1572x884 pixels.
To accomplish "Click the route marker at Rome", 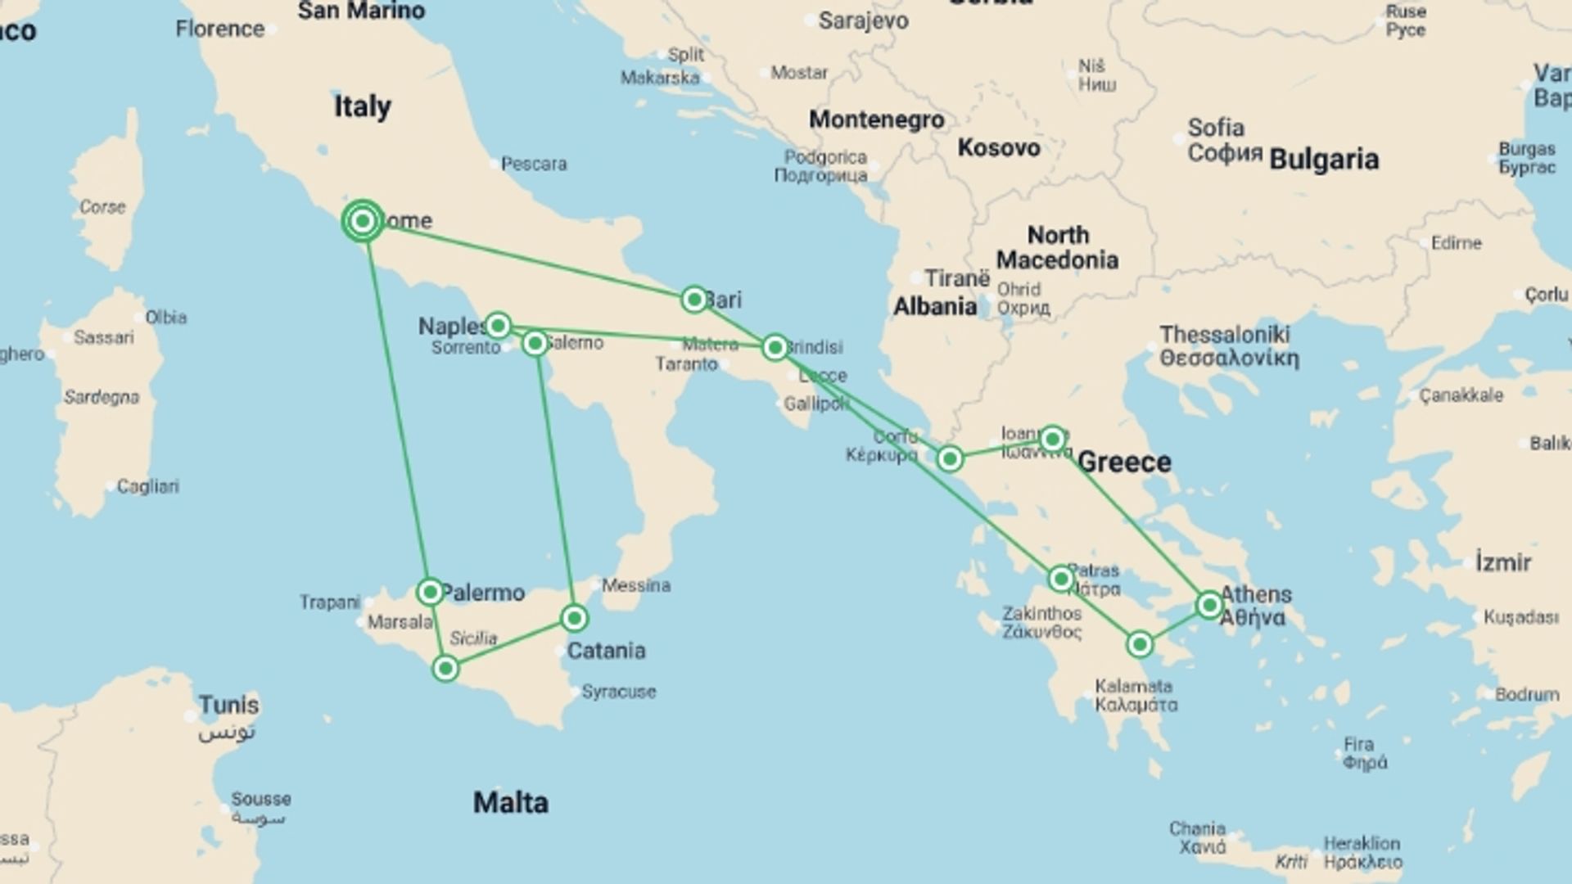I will tap(363, 221).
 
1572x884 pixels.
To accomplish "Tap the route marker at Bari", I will tap(694, 300).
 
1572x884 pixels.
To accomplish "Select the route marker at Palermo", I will tap(430, 591).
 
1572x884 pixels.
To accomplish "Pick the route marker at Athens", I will tap(1209, 605).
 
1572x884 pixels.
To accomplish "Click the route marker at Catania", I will tap(575, 618).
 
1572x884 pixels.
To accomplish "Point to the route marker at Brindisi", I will tap(775, 348).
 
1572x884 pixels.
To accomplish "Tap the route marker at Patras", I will tap(1061, 580).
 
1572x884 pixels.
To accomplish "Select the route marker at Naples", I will tap(498, 326).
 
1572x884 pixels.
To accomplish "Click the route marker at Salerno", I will tap(535, 343).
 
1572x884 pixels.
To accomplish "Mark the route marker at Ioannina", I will tap(1053, 440).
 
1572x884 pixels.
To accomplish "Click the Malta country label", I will tap(511, 802).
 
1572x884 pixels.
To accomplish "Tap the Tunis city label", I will tap(228, 706).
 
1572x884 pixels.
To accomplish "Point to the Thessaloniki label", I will tap(1225, 335).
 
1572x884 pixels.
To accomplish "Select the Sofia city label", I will tap(1216, 129).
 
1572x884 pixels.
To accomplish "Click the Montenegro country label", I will tap(876, 120).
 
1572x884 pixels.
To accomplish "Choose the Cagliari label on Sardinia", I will tap(147, 486).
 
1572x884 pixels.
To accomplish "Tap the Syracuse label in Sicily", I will tap(618, 692).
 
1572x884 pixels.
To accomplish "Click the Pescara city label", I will tap(534, 164).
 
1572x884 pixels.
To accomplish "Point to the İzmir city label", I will tap(1503, 563).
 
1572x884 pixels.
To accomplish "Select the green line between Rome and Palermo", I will tap(396, 409).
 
